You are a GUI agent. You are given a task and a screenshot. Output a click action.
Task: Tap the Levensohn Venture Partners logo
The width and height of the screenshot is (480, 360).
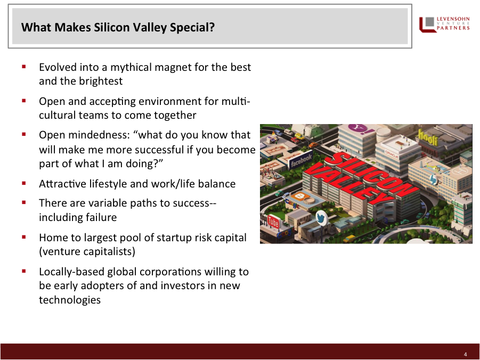pyautogui.click(x=444, y=24)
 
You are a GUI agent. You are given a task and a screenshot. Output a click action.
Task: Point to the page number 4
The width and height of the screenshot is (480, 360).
pyautogui.click(x=465, y=354)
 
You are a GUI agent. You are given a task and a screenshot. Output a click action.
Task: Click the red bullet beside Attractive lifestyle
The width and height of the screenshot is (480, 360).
pyautogui.click(x=24, y=183)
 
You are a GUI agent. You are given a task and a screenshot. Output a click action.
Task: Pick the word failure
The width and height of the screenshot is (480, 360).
pyautogui.click(x=101, y=217)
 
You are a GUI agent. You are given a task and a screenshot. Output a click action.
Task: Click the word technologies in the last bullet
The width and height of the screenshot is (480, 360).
pyautogui.click(x=70, y=300)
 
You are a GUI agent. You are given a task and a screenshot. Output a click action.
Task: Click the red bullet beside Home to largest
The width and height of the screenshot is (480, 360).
pyautogui.click(x=24, y=237)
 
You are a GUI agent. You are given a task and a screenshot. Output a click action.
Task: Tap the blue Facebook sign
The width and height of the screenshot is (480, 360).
pyautogui.click(x=301, y=160)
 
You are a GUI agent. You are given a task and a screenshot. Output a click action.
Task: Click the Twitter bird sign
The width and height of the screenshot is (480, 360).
pyautogui.click(x=321, y=218)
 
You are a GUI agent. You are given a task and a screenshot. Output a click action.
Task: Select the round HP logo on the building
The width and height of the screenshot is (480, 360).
pyautogui.click(x=434, y=180)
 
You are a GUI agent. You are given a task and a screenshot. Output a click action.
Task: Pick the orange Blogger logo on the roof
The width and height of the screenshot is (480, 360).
pyautogui.click(x=299, y=195)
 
